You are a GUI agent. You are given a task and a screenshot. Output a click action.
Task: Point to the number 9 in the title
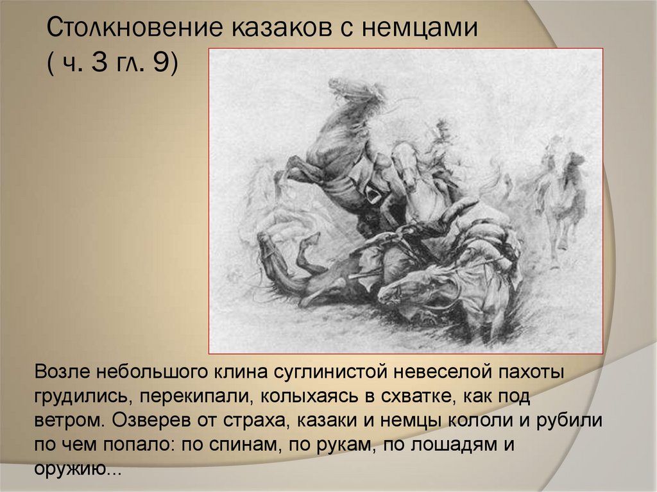(x=158, y=65)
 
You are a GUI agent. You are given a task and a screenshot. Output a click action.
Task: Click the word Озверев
(x=139, y=421)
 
